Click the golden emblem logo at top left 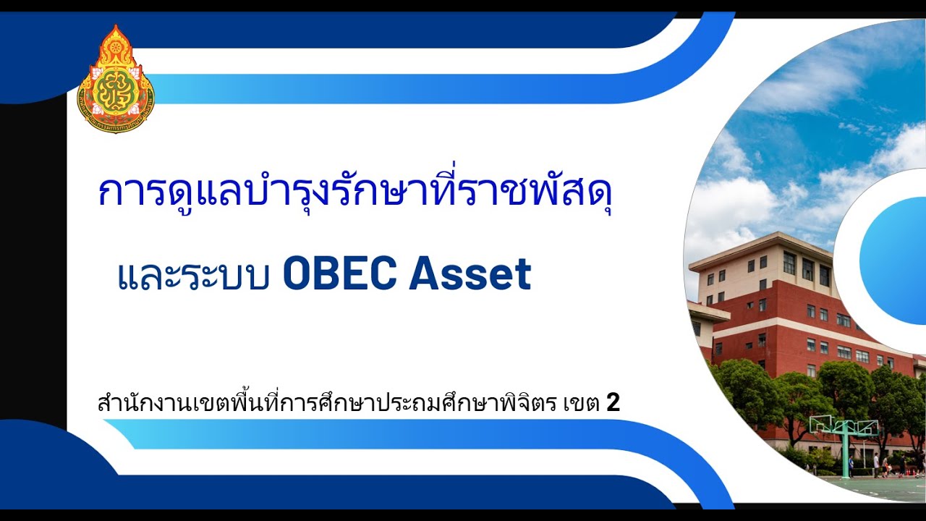coord(116,80)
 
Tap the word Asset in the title coord(470,274)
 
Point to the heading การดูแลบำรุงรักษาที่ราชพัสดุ coord(355,191)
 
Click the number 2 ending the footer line coord(613,403)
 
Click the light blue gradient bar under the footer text coord(362,434)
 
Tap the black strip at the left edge coord(33,260)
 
